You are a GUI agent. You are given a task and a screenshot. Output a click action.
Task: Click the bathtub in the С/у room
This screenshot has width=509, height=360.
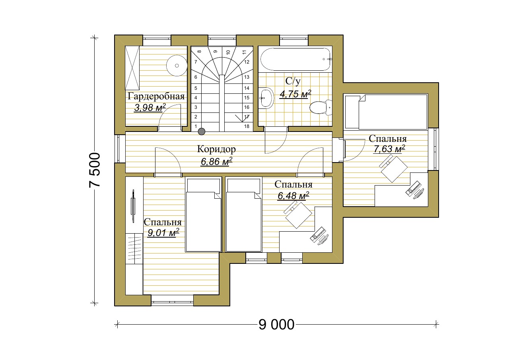(295, 60)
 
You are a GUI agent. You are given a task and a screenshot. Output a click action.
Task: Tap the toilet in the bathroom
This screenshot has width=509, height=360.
(321, 107)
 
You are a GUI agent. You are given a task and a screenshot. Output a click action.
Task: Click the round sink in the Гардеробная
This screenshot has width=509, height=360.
(177, 66)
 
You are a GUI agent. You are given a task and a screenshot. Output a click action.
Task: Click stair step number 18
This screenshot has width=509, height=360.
(247, 126)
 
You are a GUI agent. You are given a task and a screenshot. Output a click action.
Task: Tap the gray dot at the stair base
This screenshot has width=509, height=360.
(202, 132)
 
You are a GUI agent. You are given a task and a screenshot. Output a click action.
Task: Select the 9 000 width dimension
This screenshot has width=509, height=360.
(276, 325)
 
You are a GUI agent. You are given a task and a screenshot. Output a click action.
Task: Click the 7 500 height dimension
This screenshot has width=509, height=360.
(95, 170)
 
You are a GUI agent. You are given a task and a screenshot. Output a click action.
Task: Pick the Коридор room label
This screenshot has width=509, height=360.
(216, 149)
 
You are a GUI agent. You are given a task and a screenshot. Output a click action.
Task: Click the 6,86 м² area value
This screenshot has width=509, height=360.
(217, 161)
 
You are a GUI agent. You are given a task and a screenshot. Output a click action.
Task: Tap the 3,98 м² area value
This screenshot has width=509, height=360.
(150, 108)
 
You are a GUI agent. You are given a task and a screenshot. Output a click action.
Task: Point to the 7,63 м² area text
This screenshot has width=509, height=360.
(389, 149)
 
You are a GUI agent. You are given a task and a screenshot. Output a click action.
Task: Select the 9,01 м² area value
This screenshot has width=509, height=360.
(163, 232)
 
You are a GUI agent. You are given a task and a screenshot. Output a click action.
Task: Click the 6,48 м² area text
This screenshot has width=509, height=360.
(293, 195)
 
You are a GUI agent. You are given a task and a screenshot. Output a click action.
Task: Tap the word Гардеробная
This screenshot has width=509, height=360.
(156, 97)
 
